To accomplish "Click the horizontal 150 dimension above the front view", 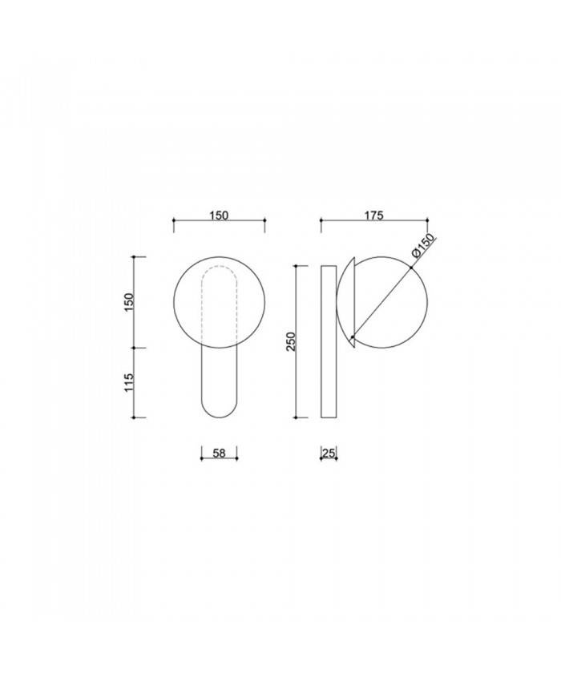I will pyautogui.click(x=220, y=215).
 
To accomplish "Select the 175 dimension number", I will pyautogui.click(x=374, y=215).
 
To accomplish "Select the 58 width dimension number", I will pyautogui.click(x=219, y=453).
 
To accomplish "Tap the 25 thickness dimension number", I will pyautogui.click(x=328, y=453).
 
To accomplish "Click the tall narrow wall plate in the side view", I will pyautogui.click(x=329, y=341).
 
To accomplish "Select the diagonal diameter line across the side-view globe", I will pyautogui.click(x=381, y=300).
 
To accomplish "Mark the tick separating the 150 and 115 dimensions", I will pyautogui.click(x=138, y=349).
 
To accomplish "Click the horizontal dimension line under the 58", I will pyautogui.click(x=219, y=460).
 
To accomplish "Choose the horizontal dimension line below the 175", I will pyautogui.click(x=374, y=222).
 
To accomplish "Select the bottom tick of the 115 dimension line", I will pyautogui.click(x=138, y=417).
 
